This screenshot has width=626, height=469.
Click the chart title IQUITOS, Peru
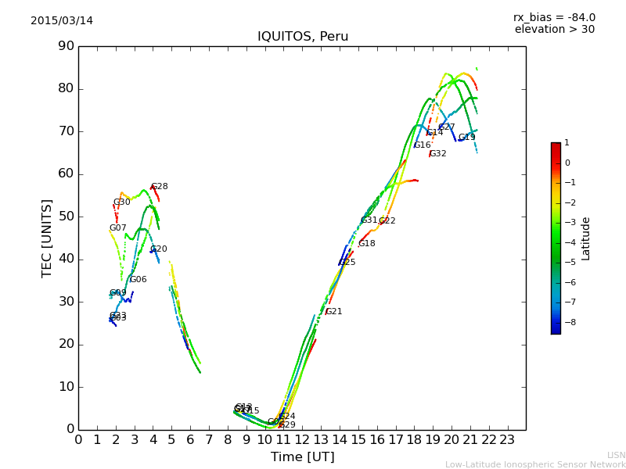pos(303,37)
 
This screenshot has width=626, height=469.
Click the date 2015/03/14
pos(62,20)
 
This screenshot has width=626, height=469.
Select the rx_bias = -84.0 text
pos(554,17)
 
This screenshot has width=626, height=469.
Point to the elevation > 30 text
pos(554,30)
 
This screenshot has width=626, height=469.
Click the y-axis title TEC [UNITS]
pos(47,238)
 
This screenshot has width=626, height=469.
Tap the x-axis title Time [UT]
pos(302,456)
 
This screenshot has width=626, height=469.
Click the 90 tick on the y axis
pos(66,46)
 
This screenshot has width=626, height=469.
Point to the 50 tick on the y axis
pos(66,217)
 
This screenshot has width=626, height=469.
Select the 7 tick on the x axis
pos(209,439)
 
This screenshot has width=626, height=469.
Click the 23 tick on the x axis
pos(507,439)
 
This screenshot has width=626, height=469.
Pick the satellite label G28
pos(160,187)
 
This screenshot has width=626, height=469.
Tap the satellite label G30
pos(122,202)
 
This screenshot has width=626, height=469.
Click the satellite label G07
pos(118,228)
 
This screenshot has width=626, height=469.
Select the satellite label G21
pos(334,312)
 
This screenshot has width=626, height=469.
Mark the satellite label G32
pos(438,154)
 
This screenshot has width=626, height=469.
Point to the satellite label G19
pos(467,138)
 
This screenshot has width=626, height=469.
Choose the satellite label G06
pos(139,280)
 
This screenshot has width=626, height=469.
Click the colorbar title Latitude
pos(586,238)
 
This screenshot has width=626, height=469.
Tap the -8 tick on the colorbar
pos(567,321)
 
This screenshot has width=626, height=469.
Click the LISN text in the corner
pos(617,455)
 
